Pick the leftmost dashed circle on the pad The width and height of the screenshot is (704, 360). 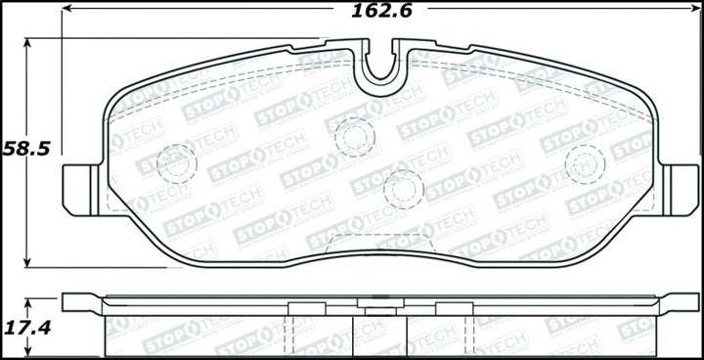(177, 161)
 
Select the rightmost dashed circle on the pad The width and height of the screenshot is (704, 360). (585, 162)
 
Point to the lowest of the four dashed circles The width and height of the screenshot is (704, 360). (403, 189)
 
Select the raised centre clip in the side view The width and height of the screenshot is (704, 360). (371, 305)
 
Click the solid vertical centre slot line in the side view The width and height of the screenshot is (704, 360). (380, 333)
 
